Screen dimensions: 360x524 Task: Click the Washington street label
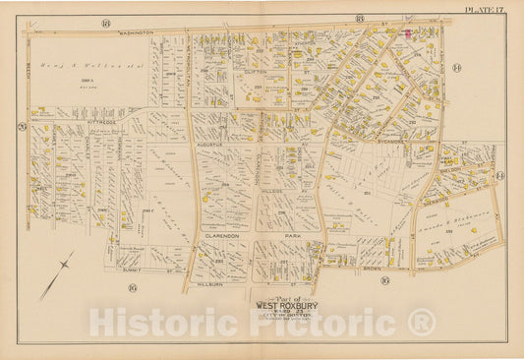coord(138,32)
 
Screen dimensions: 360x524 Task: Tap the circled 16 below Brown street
coord(386,281)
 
